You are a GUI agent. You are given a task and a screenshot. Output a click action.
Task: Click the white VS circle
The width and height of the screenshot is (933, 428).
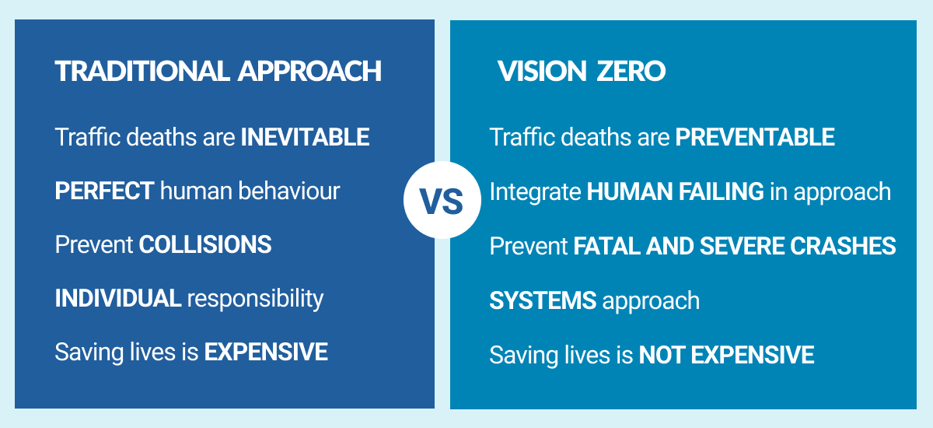tap(442, 200)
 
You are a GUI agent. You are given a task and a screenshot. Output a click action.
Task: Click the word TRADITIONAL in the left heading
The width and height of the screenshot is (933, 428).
tap(142, 72)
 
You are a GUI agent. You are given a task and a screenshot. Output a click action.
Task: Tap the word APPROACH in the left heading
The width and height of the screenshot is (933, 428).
tap(309, 72)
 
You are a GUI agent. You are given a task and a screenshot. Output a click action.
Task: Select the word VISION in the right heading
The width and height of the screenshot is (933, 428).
tap(543, 72)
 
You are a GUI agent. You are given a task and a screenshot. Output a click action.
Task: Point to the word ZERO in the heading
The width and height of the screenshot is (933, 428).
tap(631, 72)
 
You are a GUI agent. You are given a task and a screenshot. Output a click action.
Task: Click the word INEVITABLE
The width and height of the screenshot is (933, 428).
tap(305, 137)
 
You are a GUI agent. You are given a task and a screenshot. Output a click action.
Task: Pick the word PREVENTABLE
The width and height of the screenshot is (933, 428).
tap(755, 137)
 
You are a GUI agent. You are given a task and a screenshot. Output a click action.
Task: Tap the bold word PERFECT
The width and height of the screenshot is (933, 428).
tap(104, 191)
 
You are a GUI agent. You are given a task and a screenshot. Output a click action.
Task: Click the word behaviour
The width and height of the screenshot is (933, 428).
tap(289, 191)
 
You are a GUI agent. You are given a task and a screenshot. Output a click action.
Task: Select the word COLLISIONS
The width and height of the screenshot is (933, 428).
tap(205, 244)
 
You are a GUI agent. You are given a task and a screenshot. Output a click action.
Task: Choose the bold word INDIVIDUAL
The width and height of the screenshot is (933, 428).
tap(118, 298)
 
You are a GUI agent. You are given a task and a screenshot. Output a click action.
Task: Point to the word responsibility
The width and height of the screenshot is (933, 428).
tap(255, 300)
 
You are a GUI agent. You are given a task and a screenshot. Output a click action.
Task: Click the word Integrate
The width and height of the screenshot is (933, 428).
tap(535, 192)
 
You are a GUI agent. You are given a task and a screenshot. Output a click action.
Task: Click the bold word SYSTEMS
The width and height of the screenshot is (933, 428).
tap(543, 300)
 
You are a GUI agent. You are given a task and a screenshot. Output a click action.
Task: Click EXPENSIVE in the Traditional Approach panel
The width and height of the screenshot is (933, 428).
tap(266, 353)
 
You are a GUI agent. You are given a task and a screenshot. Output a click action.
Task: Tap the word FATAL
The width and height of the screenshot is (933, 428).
tap(607, 246)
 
